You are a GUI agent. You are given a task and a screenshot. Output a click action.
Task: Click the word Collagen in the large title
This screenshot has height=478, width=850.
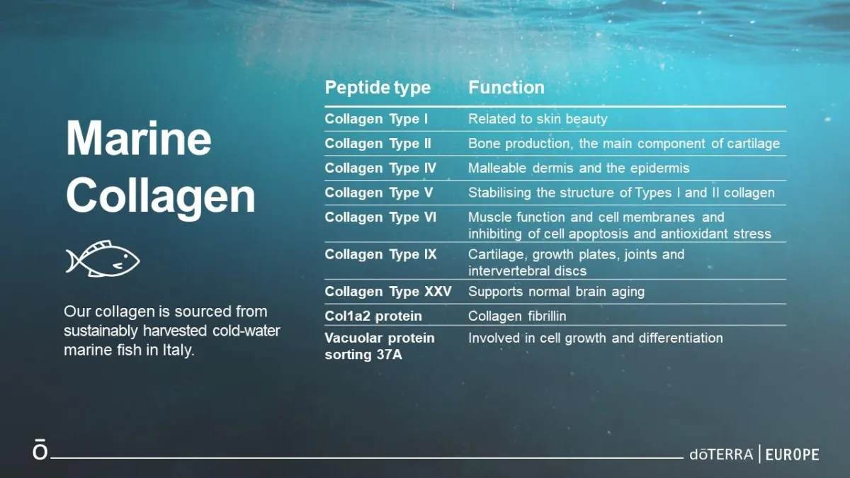(161, 198)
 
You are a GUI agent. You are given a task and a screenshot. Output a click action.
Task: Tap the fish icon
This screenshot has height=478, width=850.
(103, 258)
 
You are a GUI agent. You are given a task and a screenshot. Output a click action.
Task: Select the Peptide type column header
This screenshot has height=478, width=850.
(378, 88)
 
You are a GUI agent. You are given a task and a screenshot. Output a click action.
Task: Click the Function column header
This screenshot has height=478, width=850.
(506, 87)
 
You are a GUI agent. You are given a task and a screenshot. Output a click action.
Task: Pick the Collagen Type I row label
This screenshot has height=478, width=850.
(376, 119)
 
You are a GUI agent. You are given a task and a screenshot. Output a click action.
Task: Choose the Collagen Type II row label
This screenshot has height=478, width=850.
(378, 144)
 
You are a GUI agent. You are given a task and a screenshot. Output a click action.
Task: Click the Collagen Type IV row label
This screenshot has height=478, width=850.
(380, 168)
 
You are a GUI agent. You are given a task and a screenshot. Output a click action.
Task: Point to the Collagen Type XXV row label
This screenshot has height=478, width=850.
(388, 292)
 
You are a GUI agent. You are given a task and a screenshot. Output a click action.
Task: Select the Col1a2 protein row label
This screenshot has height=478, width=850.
(373, 316)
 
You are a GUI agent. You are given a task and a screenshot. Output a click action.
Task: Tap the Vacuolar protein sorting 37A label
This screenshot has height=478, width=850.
(380, 346)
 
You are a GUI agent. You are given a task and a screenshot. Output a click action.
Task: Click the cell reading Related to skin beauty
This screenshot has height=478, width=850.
(538, 119)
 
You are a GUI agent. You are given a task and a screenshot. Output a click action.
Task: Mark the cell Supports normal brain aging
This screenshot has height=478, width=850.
(556, 292)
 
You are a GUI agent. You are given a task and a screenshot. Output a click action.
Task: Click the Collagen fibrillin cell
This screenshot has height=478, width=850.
(517, 316)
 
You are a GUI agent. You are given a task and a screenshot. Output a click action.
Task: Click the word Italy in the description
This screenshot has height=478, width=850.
(178, 350)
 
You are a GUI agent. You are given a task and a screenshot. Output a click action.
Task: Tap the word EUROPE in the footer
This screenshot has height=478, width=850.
(793, 455)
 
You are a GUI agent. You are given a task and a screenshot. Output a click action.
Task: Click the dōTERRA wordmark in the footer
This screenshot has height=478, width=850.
(721, 455)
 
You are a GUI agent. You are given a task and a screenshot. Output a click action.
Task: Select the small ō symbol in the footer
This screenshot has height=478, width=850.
(40, 449)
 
